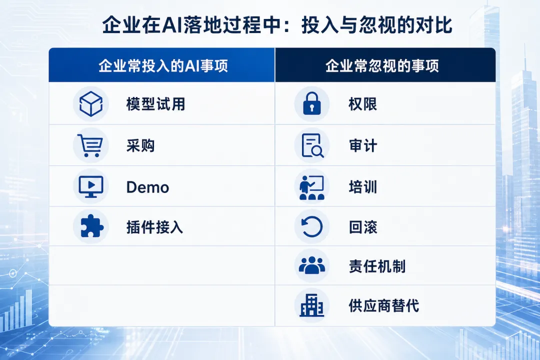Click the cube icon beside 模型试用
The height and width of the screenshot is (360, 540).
(91, 103)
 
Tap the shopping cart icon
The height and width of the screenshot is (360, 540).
(90, 145)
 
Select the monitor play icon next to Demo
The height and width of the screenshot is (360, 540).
(91, 186)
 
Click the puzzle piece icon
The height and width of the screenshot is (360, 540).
(91, 226)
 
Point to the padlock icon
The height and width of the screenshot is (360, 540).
(311, 103)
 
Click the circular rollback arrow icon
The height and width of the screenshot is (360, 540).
(312, 226)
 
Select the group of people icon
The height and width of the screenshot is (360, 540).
(312, 265)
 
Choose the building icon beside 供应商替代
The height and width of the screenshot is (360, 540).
(311, 305)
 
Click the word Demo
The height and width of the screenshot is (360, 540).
(147, 187)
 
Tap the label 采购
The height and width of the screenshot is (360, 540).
(140, 145)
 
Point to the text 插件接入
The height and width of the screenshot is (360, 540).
(154, 227)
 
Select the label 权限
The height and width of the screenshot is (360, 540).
(363, 104)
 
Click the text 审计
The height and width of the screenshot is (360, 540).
(363, 145)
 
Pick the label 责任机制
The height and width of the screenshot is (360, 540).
(377, 266)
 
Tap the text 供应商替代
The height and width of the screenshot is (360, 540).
(384, 306)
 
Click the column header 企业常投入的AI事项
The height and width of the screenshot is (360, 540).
(163, 65)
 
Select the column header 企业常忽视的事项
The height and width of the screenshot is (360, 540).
(382, 65)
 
